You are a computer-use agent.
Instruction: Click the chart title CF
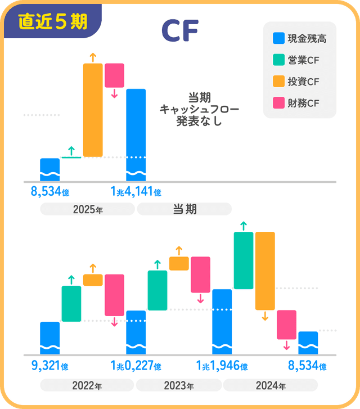[179, 32]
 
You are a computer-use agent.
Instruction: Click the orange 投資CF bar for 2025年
[93, 110]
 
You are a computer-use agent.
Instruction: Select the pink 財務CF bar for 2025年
[114, 75]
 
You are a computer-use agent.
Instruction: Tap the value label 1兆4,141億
[136, 192]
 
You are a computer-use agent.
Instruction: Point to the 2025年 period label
[87, 209]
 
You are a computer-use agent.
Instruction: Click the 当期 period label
[184, 209]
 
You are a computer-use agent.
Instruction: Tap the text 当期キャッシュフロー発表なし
[199, 108]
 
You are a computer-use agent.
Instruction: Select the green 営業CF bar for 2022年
[71, 303]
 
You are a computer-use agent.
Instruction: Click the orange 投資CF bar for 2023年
[179, 263]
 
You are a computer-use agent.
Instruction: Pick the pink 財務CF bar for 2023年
[200, 275]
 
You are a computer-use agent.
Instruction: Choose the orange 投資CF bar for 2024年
[265, 271]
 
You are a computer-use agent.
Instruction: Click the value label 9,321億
[49, 366]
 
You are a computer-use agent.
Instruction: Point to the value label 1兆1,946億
[222, 366]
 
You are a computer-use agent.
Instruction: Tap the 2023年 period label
[179, 386]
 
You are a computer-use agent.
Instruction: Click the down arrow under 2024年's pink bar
[286, 345]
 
